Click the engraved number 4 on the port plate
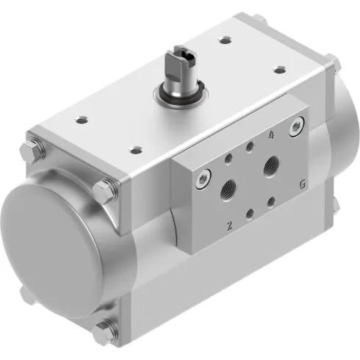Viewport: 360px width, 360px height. click(x=273, y=135)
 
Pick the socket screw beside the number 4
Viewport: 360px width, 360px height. click(x=295, y=129)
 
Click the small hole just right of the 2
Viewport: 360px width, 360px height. click(x=251, y=214)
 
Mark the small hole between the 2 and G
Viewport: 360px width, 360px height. click(x=272, y=200)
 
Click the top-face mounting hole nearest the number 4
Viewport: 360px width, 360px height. click(x=279, y=71)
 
